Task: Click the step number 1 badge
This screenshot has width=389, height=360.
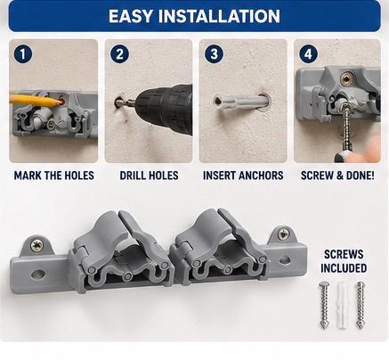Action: click(23, 54)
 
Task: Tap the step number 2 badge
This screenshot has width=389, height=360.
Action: click(119, 54)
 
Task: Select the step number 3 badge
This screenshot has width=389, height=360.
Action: click(214, 54)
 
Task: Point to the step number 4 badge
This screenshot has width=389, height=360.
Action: click(308, 54)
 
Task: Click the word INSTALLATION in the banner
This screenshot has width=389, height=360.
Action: click(219, 16)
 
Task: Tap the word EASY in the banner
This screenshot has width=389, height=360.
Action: click(131, 16)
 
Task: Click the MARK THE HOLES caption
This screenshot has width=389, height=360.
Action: click(54, 176)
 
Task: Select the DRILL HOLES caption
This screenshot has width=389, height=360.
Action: click(150, 176)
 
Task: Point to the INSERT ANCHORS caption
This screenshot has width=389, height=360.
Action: click(243, 176)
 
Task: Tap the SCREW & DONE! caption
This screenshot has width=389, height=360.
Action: click(337, 176)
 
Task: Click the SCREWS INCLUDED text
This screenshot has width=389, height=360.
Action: click(344, 261)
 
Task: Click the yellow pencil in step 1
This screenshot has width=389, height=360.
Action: click(35, 100)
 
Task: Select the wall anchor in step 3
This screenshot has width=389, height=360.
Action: click(240, 102)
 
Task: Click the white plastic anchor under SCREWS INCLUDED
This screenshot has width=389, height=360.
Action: click(342, 305)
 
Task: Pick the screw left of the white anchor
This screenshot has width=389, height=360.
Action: click(324, 305)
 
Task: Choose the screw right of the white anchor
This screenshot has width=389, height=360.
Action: click(361, 305)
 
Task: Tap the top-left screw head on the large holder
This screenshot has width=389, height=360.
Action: click(37, 245)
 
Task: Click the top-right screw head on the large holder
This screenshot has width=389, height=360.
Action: click(284, 234)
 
